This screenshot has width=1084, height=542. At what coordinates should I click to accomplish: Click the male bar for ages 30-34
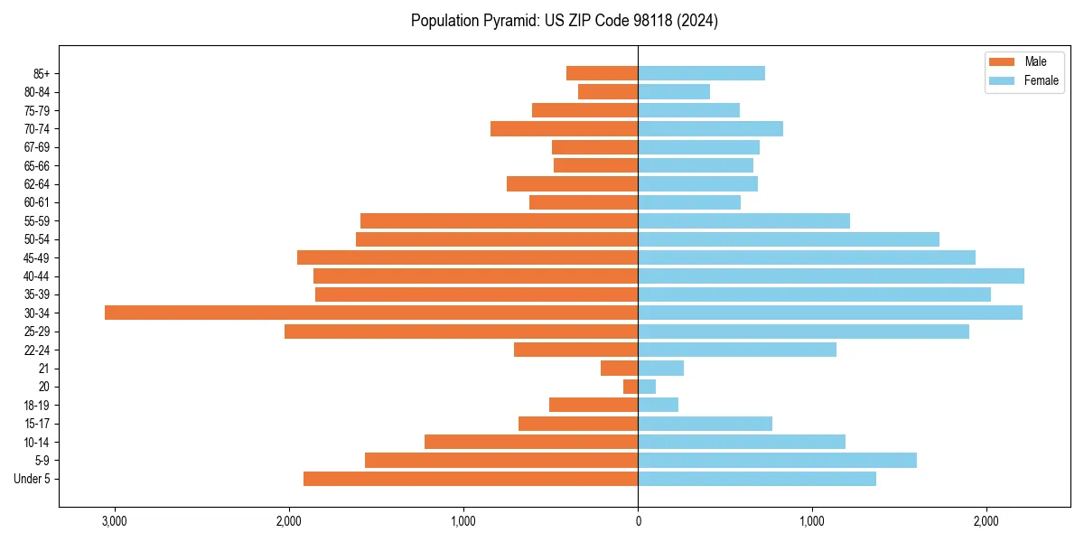click(371, 313)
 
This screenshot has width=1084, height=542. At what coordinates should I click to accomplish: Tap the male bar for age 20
click(631, 387)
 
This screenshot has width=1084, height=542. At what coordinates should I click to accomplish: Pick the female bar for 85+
click(701, 73)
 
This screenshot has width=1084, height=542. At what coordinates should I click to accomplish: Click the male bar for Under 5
click(471, 479)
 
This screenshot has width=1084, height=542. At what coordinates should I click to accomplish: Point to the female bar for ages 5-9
click(777, 460)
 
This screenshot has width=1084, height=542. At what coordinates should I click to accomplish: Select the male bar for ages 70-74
click(564, 128)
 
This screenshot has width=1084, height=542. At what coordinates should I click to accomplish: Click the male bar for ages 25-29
click(461, 332)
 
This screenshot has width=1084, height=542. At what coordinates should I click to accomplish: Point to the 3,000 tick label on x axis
click(115, 521)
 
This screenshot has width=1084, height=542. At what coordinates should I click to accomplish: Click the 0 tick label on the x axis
click(638, 521)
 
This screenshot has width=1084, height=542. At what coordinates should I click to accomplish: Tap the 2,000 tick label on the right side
click(986, 521)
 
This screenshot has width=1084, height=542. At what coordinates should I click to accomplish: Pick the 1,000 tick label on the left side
click(463, 521)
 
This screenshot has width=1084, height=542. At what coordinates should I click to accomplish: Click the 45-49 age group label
click(37, 257)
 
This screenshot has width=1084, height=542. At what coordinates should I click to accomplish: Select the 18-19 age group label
click(37, 405)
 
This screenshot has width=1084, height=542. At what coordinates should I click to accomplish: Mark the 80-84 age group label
click(37, 91)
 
